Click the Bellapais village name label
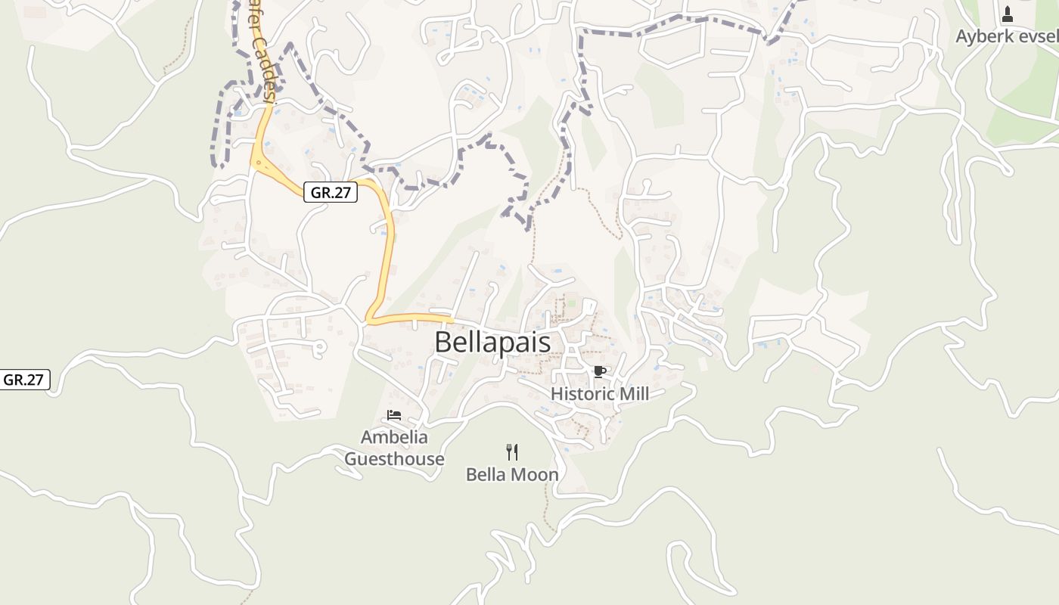492,342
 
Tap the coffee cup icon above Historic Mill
599,371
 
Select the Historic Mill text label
599,393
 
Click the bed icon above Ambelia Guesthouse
393,415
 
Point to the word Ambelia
394,437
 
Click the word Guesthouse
394,459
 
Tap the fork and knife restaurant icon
512,452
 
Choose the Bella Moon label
512,475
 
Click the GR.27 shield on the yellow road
331,192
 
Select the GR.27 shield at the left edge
23,380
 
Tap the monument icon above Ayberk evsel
1007,14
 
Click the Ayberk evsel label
1006,36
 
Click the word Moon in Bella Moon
534,475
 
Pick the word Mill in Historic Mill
634,393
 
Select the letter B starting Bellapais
443,342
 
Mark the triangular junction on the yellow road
260,161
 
